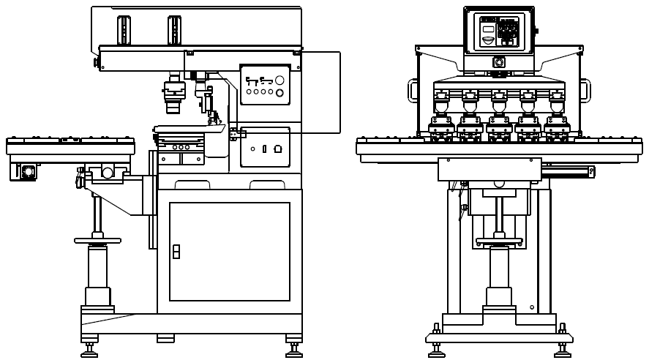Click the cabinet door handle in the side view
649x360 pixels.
pyautogui.click(x=176, y=252)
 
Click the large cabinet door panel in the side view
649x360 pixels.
pyautogui.click(x=229, y=251)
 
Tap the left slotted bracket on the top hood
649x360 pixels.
pyautogui.click(x=124, y=29)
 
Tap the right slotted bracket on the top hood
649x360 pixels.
pyautogui.click(x=174, y=29)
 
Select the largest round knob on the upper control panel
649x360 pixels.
pyautogui.click(x=280, y=93)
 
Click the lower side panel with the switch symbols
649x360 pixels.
pyautogui.click(x=265, y=148)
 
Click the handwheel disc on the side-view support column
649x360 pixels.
pyautogui.click(x=98, y=241)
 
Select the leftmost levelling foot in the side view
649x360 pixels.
pyautogui.click(x=89, y=350)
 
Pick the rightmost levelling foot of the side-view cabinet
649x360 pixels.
pyautogui.click(x=294, y=350)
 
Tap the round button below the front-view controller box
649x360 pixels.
pyautogui.click(x=499, y=62)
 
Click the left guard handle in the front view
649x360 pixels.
pyautogui.click(x=413, y=92)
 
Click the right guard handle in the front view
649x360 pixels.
pyautogui.click(x=585, y=92)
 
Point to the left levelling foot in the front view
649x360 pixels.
pyautogui.click(x=436, y=349)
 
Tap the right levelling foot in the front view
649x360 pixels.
pyautogui.click(x=562, y=349)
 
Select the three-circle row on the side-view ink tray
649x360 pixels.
pyautogui.click(x=181, y=147)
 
